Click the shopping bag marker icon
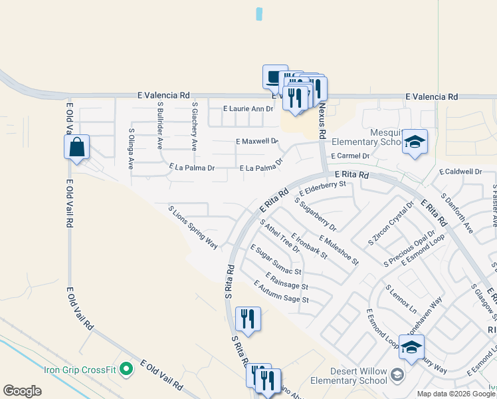[x=77, y=147]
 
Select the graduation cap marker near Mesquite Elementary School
[x=415, y=142]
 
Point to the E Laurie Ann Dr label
[x=248, y=108]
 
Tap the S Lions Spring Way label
[x=193, y=227]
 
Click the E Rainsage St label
[x=286, y=281]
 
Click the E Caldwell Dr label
[x=460, y=172]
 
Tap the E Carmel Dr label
[x=349, y=156]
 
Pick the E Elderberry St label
[x=323, y=188]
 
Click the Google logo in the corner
[x=22, y=391]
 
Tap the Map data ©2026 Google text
[x=456, y=394]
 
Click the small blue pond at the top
[x=259, y=13]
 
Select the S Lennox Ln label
[x=401, y=300]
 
